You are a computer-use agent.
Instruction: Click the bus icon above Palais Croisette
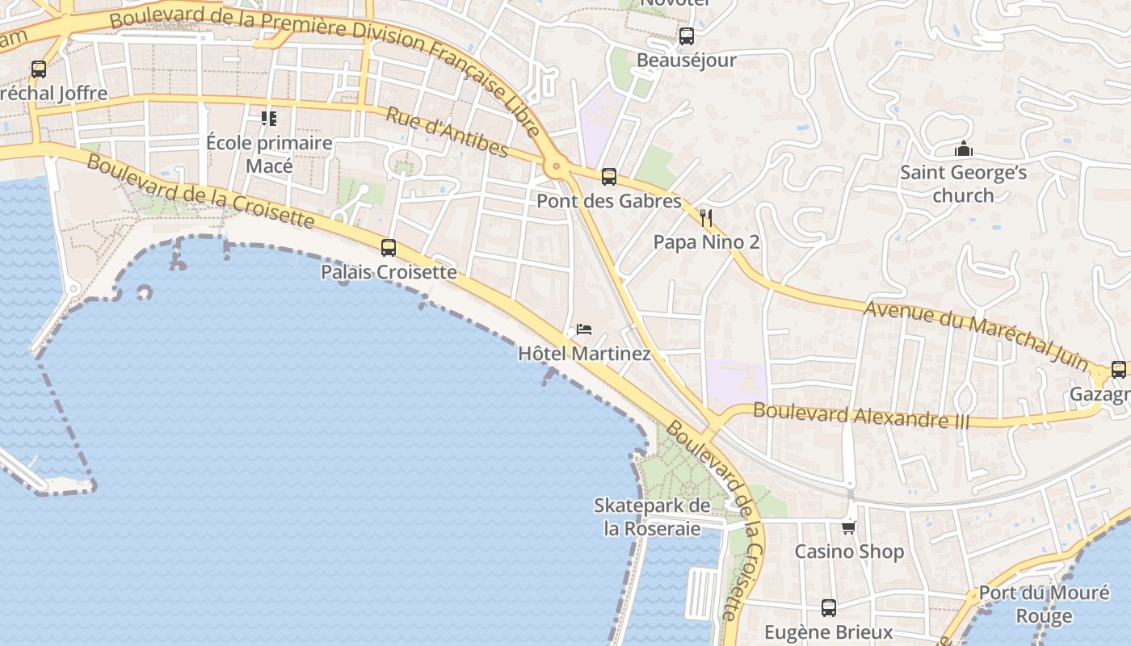click(x=389, y=248)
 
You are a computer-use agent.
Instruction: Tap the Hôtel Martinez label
click(x=584, y=354)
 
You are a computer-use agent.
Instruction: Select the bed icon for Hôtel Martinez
click(x=584, y=329)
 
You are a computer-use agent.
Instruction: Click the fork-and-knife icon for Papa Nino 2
click(x=706, y=217)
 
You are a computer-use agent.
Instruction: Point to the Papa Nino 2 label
click(x=706, y=242)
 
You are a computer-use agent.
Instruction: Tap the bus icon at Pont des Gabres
click(x=609, y=177)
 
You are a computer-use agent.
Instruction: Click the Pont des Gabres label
click(x=609, y=201)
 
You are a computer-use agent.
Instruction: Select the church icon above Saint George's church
click(x=963, y=149)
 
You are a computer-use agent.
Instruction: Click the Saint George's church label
click(x=963, y=184)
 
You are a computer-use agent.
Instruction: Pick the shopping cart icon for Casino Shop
click(x=848, y=527)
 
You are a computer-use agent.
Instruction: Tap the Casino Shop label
click(x=849, y=552)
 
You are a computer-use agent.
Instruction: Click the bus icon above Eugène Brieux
click(x=829, y=607)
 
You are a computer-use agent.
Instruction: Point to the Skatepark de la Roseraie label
click(x=653, y=517)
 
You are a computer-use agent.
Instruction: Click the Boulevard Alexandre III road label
click(x=861, y=415)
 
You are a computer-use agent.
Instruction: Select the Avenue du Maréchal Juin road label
click(x=977, y=333)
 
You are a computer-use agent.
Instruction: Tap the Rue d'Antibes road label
click(x=447, y=132)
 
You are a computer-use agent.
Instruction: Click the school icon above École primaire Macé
click(x=269, y=120)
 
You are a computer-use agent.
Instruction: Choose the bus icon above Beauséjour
click(x=687, y=36)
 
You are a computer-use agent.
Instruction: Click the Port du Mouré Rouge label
click(x=1044, y=604)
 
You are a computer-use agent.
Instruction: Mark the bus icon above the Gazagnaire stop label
click(x=1119, y=370)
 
